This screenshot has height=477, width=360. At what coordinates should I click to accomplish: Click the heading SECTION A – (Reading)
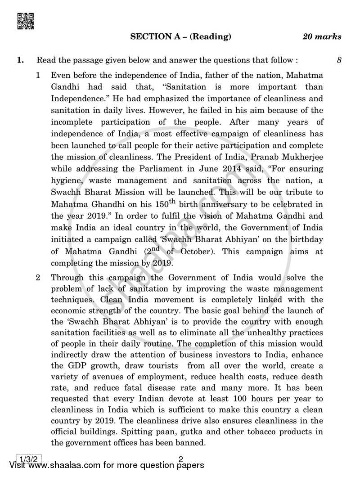tap(181, 37)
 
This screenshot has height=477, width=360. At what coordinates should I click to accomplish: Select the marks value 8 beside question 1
tap(338, 60)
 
